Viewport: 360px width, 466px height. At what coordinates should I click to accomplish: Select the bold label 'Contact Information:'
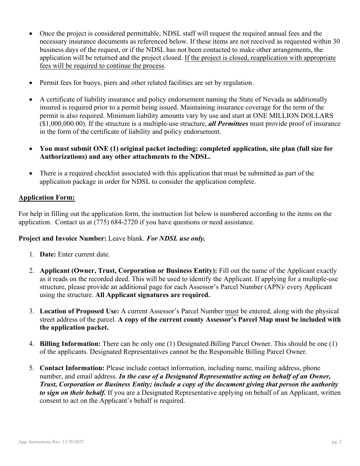(72, 368)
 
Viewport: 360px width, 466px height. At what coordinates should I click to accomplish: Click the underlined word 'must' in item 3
(232, 311)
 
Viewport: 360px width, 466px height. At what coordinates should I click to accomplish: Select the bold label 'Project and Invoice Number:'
(63, 239)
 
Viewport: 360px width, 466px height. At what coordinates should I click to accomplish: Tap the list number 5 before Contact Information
(32, 368)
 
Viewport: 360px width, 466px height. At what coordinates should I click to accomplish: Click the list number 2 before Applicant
(32, 271)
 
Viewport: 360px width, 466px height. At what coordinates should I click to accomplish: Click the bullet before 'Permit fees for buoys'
(31, 83)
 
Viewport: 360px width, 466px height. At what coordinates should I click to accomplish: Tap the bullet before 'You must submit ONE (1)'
(31, 149)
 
